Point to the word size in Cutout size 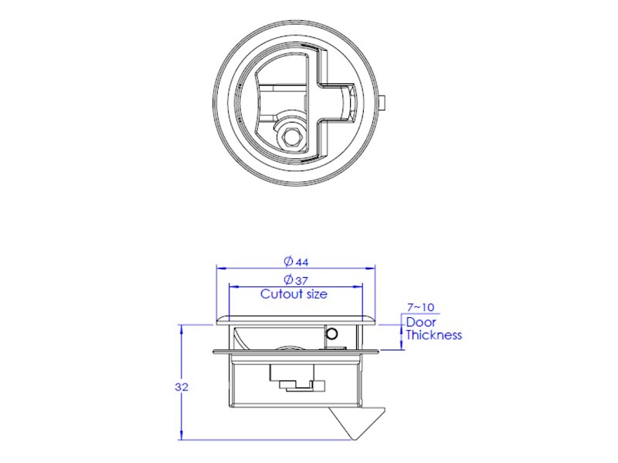[x=314, y=294]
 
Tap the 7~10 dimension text [x=420, y=307]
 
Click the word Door [x=421, y=322]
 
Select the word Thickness [x=434, y=335]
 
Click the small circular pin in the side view [x=333, y=334]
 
